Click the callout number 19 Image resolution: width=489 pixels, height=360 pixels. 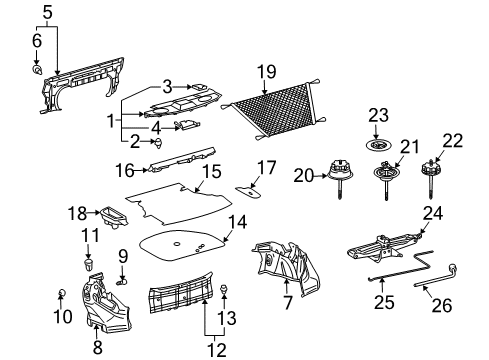click(265, 71)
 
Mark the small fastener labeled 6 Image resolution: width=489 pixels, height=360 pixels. click(37, 71)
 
